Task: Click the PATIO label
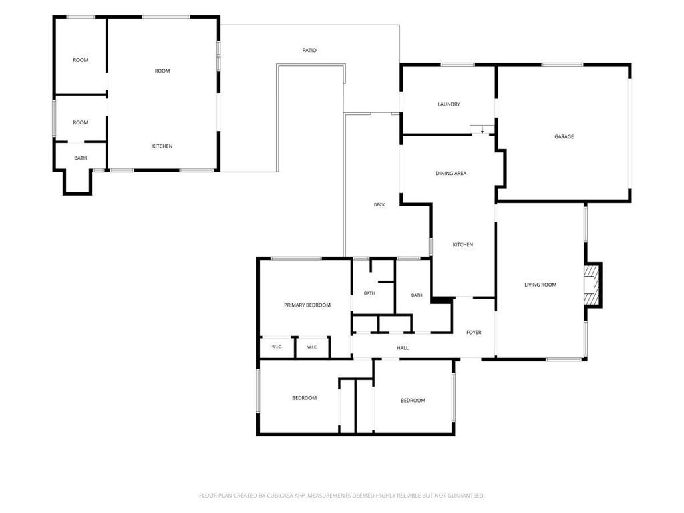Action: (x=309, y=51)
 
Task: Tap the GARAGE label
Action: (x=564, y=136)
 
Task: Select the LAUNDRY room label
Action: (x=448, y=104)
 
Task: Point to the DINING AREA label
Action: (x=451, y=173)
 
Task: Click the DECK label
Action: (x=379, y=204)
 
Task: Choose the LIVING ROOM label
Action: (x=540, y=285)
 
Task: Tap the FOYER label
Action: (x=474, y=333)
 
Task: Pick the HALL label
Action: (x=403, y=348)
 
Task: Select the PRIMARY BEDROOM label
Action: (x=307, y=305)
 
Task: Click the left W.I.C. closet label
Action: (x=277, y=347)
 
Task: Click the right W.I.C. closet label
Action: (x=312, y=347)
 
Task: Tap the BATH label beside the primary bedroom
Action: (x=369, y=293)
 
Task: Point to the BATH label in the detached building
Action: (x=80, y=158)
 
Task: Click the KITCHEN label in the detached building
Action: (x=162, y=146)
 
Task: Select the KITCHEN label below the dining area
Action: (x=462, y=244)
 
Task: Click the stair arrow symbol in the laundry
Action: (x=482, y=130)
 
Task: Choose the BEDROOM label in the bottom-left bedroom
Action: (x=304, y=398)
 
